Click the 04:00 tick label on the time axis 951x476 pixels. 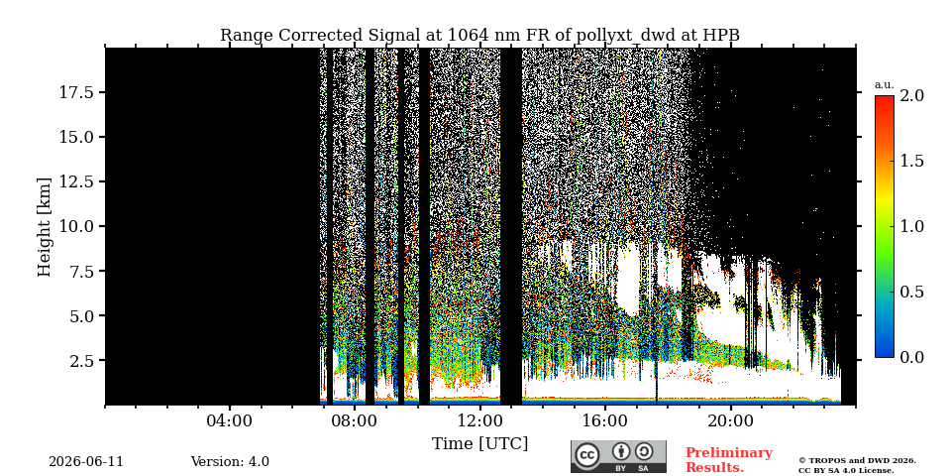[230, 420]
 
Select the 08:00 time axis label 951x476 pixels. [355, 420]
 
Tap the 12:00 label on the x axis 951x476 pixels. [479, 420]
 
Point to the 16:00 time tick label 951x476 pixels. [604, 420]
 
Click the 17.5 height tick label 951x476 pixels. [76, 92]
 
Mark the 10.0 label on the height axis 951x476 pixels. [76, 226]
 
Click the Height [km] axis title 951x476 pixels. [45, 227]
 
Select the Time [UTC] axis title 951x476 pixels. [479, 444]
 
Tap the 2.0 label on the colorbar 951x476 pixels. [911, 95]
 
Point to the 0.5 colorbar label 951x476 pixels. [911, 292]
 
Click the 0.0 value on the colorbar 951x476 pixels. [911, 358]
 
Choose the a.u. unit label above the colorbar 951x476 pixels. [885, 85]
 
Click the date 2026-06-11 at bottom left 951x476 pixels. [86, 462]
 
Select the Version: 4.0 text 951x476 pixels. [230, 462]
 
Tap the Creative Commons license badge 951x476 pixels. [618, 456]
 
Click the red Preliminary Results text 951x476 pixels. [729, 460]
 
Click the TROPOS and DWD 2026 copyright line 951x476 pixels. [857, 461]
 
